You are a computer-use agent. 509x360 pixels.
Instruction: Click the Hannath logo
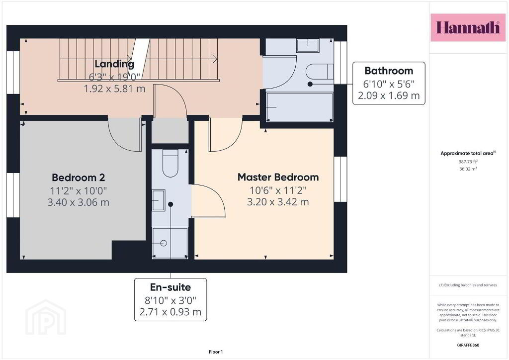[x=468, y=27]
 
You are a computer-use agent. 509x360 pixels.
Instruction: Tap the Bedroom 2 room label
[x=78, y=178]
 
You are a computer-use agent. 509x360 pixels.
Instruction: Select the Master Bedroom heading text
[x=278, y=177]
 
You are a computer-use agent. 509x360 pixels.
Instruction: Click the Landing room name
[x=114, y=64]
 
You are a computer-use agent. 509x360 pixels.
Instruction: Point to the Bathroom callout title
[x=389, y=71]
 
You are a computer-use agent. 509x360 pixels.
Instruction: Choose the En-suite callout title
[x=170, y=287]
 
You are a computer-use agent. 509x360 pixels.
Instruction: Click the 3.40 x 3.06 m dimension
[x=78, y=202]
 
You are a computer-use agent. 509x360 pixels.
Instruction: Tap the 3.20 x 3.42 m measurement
[x=278, y=202]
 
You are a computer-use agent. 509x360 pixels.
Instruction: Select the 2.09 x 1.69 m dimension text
[x=389, y=95]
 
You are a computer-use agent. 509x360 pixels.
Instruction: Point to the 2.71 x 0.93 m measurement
[x=170, y=312]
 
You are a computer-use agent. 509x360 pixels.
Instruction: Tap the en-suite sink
[x=159, y=200]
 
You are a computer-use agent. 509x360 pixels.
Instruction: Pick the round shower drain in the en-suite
[x=164, y=243]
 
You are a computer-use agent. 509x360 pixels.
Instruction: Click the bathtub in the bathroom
[x=299, y=107]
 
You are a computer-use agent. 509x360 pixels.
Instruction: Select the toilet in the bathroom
[x=320, y=72]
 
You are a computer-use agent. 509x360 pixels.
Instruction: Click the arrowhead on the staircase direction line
[x=215, y=59]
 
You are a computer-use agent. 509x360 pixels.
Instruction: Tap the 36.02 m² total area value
[x=468, y=169]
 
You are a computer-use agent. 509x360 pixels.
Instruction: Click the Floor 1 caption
[x=216, y=352]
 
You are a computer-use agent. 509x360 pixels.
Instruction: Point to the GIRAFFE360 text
[x=468, y=345]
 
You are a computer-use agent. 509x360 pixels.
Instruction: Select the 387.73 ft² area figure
[x=468, y=161]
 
